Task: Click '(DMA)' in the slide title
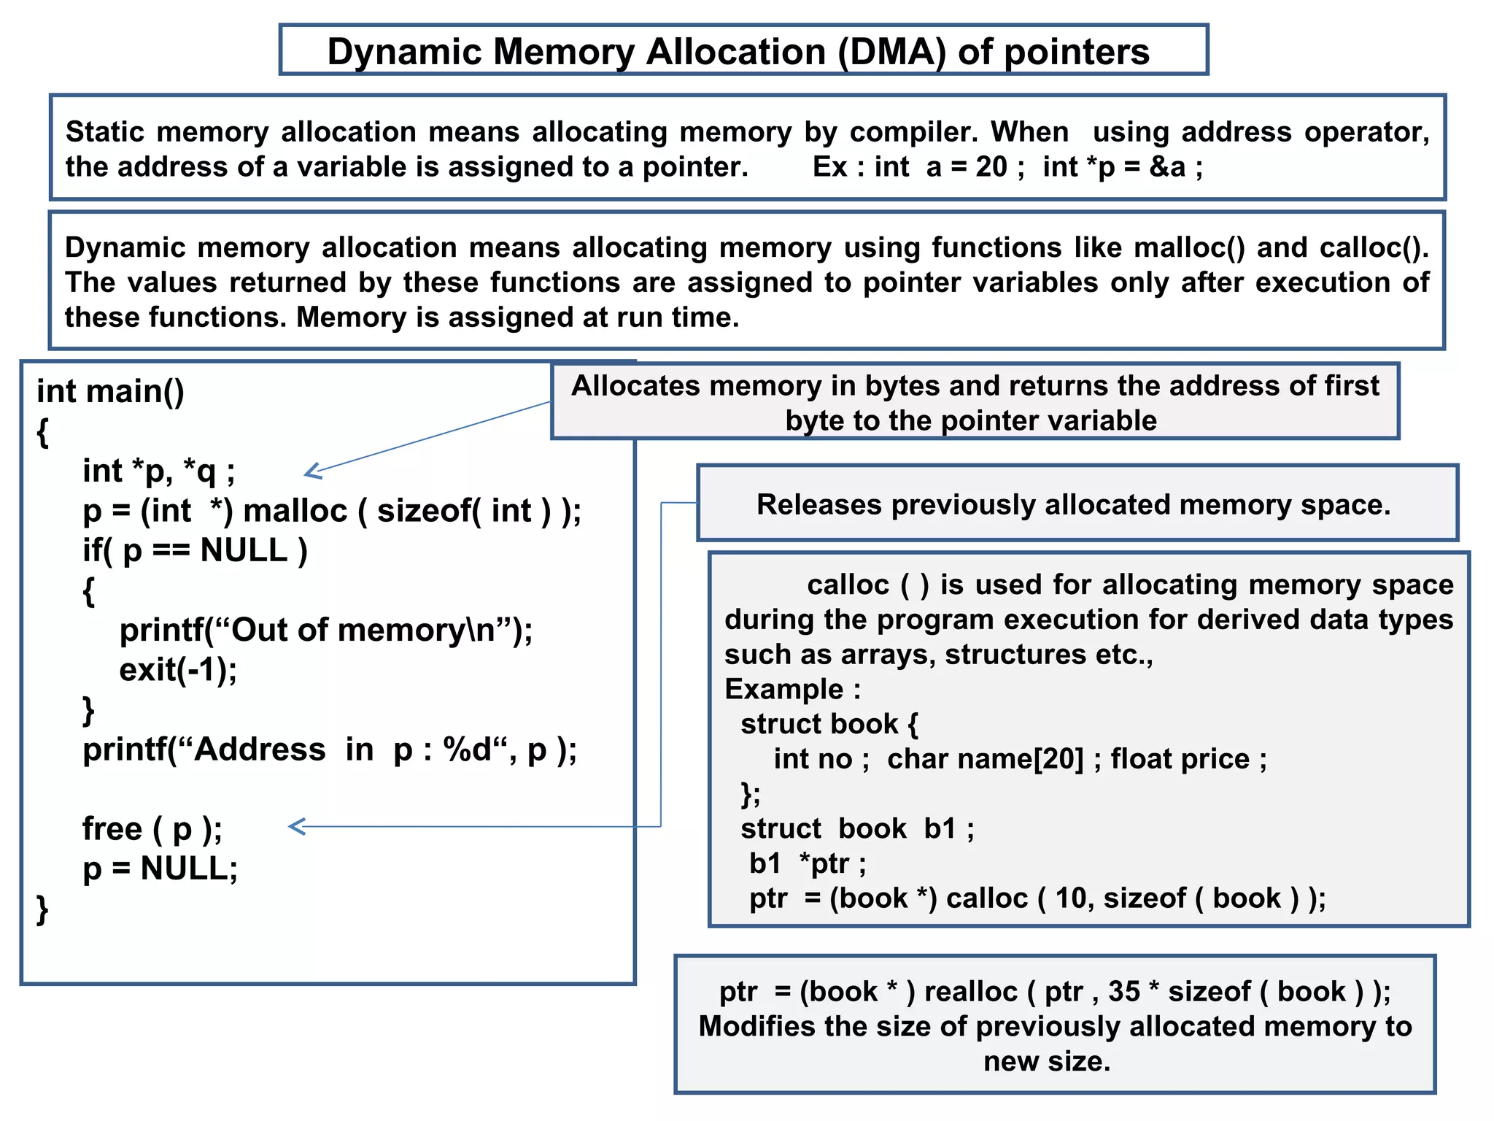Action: click(x=891, y=53)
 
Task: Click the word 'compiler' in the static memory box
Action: click(x=912, y=132)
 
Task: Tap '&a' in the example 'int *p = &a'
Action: click(x=1167, y=167)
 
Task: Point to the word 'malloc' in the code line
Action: click(x=295, y=511)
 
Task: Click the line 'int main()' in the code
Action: click(x=110, y=391)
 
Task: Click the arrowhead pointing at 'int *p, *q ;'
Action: click(x=311, y=472)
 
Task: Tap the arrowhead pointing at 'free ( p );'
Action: click(x=295, y=827)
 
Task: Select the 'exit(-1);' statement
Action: click(x=178, y=670)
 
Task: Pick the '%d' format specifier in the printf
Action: click(x=467, y=750)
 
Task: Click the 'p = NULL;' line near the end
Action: click(x=160, y=868)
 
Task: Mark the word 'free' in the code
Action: click(x=112, y=829)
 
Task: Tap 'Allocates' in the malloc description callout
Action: click(x=633, y=386)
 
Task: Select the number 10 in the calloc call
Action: click(x=1071, y=898)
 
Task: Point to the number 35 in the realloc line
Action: click(x=1123, y=992)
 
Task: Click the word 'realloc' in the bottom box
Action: click(x=970, y=992)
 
